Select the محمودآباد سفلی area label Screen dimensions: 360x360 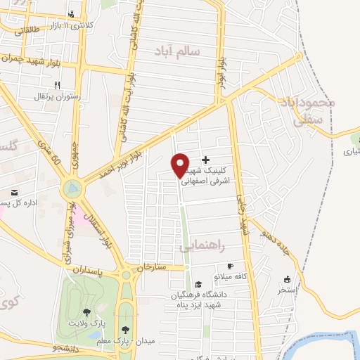coord(307,110)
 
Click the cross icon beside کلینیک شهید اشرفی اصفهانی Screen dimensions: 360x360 coord(205,160)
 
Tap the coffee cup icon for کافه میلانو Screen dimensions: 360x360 coord(229,266)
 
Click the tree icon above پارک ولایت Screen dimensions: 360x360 coord(87,312)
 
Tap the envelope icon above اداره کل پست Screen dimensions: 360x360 coord(13,192)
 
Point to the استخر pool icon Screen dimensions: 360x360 coord(287,279)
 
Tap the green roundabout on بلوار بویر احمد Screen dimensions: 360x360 coord(72,188)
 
